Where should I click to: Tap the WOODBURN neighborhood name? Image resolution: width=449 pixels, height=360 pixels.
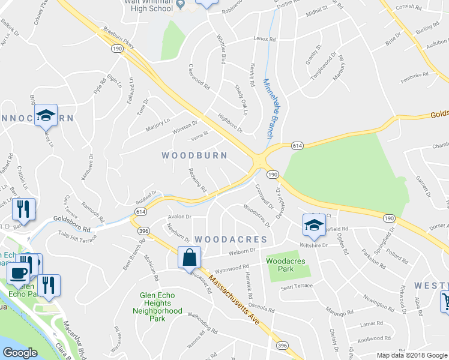point(194,155)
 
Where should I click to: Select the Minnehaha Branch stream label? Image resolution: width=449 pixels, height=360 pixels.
point(270,108)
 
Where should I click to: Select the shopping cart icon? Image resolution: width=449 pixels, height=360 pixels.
point(445,300)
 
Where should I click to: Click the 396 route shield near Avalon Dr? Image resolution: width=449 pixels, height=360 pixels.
point(143,230)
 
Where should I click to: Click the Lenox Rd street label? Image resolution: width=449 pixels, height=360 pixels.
point(264,39)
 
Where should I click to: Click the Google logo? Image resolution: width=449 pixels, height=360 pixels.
point(20,353)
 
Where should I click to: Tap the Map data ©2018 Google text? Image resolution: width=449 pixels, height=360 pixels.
point(411,355)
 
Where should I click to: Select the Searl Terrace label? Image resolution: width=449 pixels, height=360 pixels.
point(297,287)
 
